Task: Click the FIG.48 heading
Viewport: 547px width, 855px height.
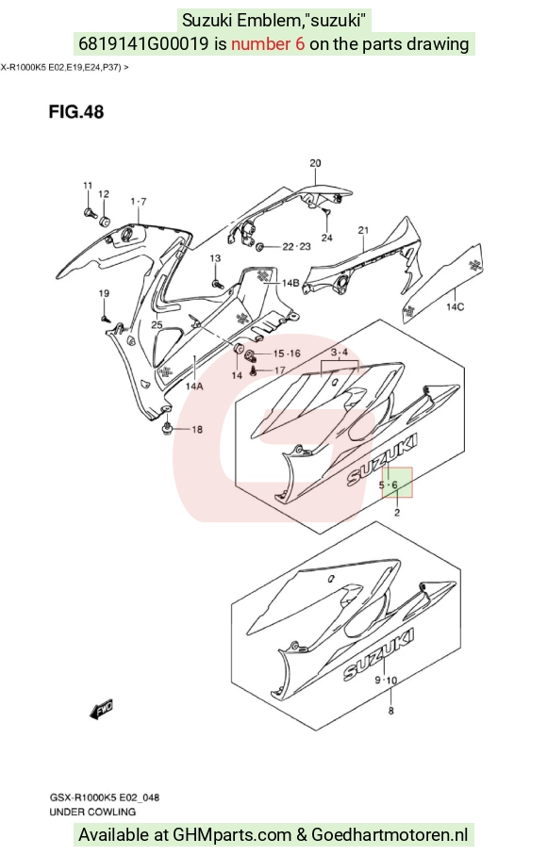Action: (x=75, y=112)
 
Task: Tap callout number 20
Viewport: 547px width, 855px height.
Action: (x=315, y=162)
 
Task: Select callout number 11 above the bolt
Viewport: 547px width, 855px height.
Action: (x=88, y=186)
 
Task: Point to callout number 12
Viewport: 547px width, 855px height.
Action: (x=104, y=194)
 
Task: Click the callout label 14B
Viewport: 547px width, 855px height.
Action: (x=290, y=283)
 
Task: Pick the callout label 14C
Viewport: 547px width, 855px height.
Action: (x=456, y=307)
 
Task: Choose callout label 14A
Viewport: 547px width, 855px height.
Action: (x=194, y=386)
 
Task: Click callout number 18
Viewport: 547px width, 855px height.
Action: (x=197, y=430)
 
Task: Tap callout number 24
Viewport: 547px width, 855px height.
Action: (x=326, y=238)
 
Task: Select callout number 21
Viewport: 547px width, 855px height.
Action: (x=363, y=231)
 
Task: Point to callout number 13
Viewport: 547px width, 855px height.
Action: (x=215, y=258)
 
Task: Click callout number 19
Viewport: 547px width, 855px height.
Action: (x=104, y=293)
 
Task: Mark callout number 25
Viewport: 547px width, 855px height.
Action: (x=157, y=325)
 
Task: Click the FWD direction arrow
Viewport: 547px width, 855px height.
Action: (x=102, y=709)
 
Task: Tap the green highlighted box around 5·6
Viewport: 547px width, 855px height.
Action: (x=397, y=483)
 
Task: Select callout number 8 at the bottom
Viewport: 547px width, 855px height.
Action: (x=391, y=711)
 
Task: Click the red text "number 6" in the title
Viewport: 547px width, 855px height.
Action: (x=268, y=43)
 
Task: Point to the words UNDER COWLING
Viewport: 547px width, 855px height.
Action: (x=92, y=812)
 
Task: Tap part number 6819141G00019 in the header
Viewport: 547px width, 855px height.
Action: (x=143, y=43)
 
